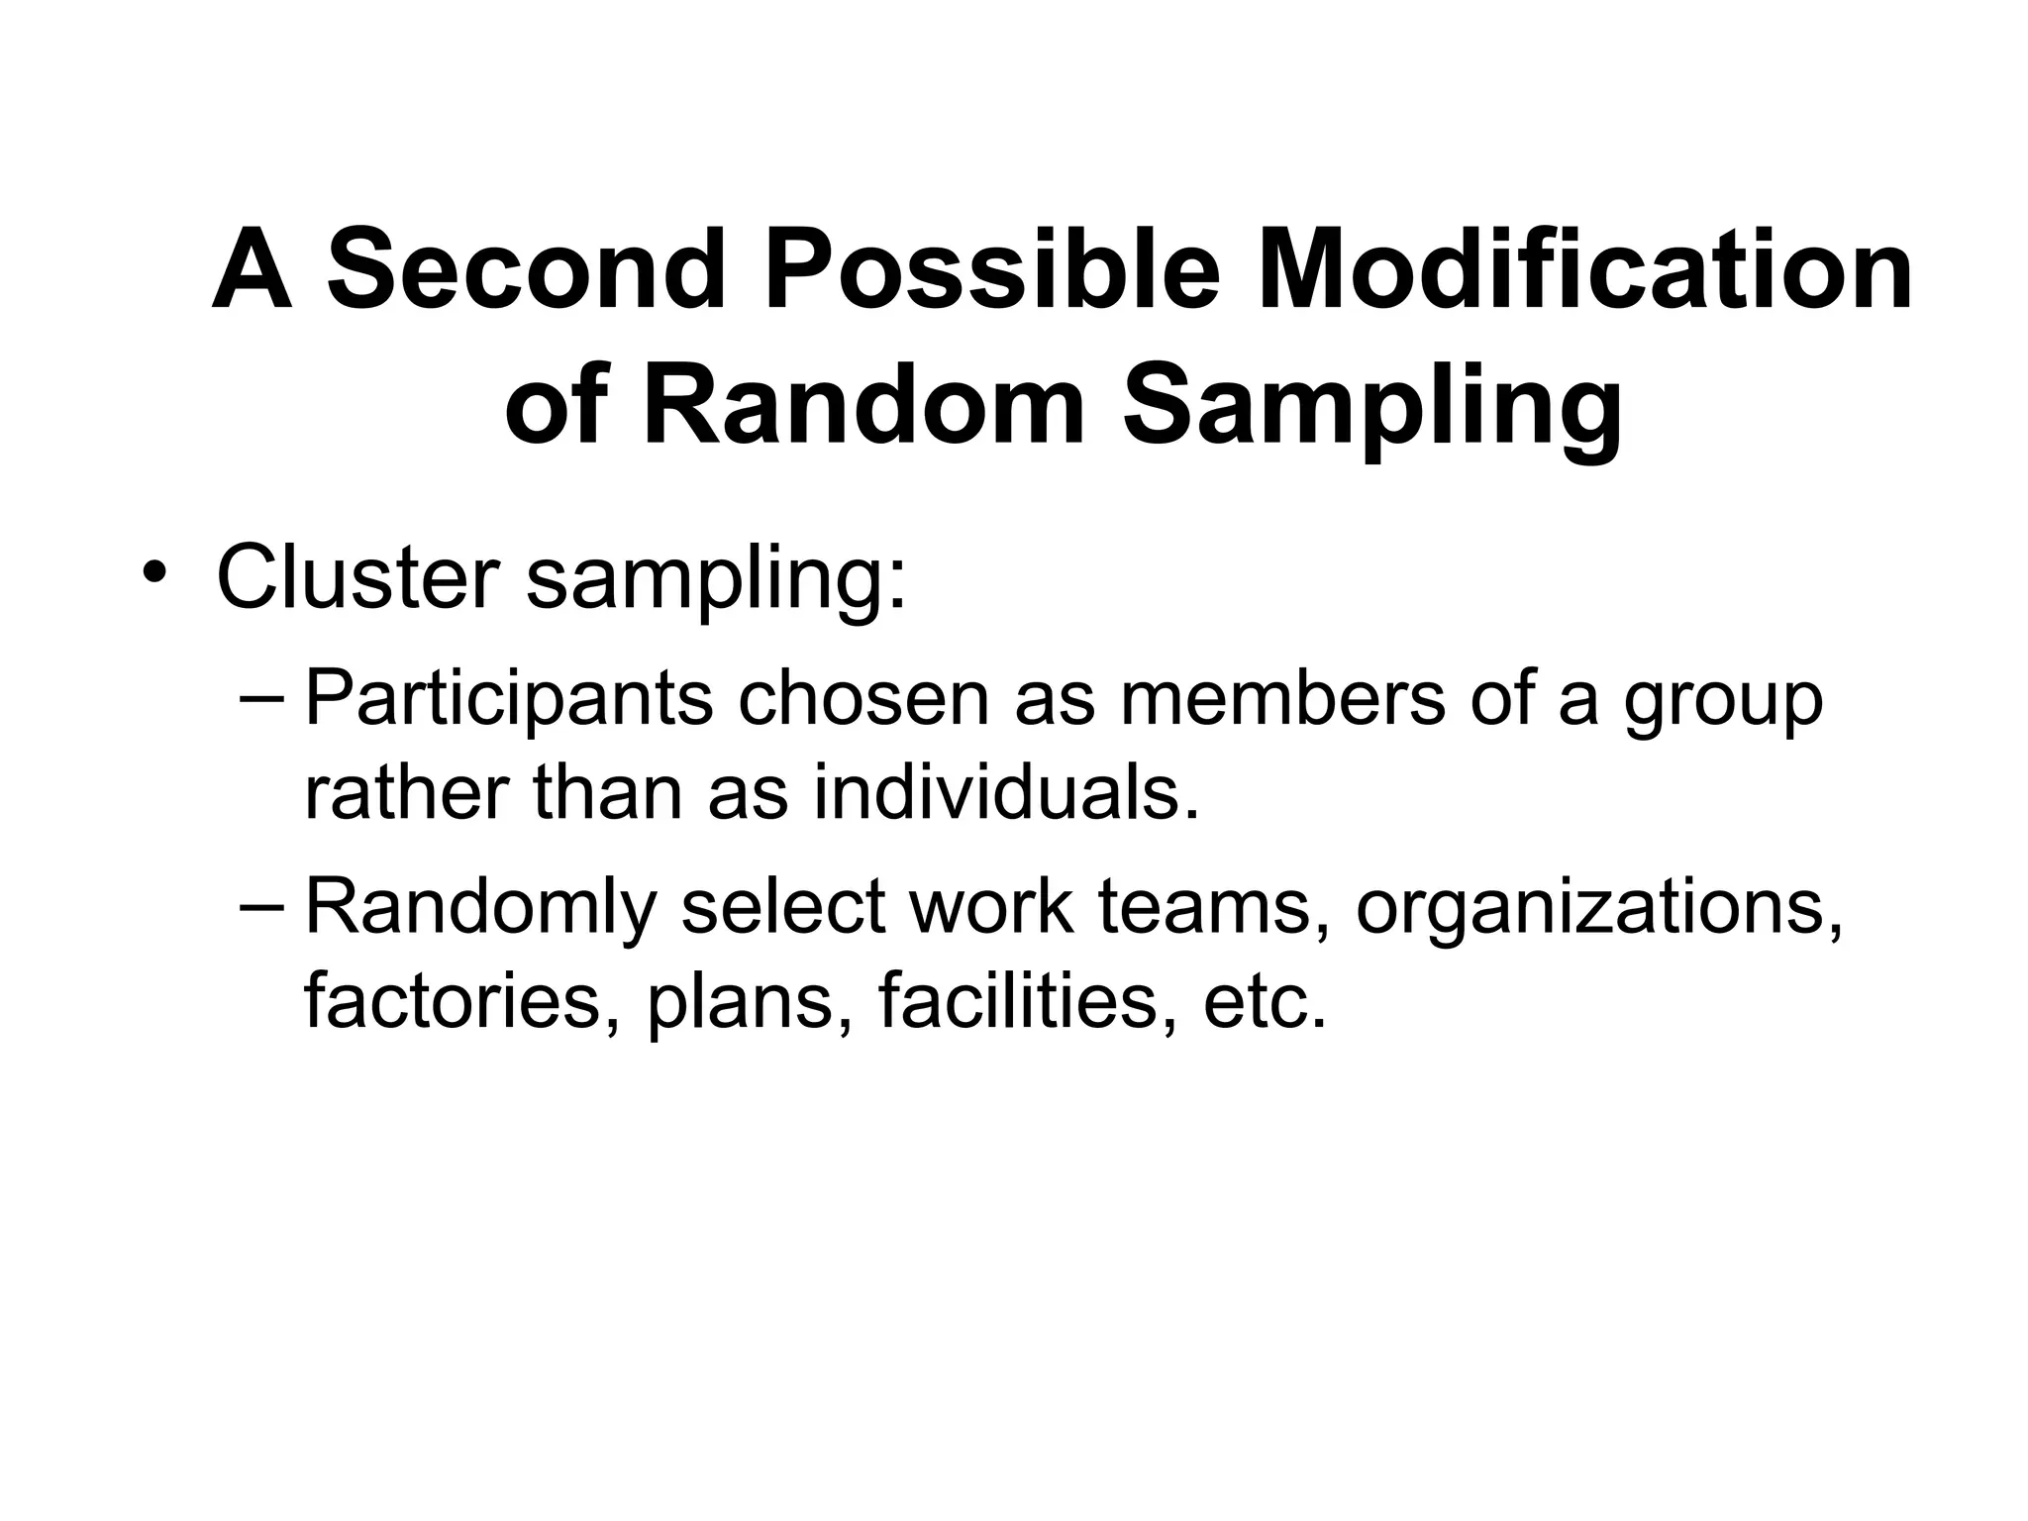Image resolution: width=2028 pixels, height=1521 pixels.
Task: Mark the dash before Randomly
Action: click(x=260, y=906)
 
